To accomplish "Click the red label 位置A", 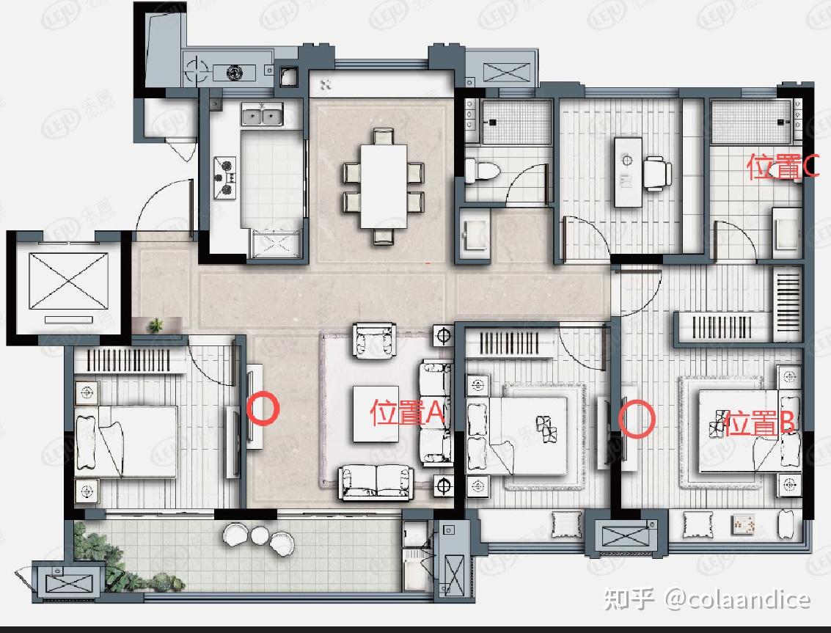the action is (x=406, y=412).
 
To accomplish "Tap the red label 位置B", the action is (x=759, y=423).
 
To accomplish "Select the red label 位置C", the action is (x=783, y=167).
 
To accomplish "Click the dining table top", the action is (x=384, y=186).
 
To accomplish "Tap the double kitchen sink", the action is (x=263, y=115).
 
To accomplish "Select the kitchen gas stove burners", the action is (x=224, y=177).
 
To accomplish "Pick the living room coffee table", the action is (x=376, y=414).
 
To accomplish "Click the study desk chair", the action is (x=656, y=173).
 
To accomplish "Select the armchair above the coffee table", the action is (x=374, y=340).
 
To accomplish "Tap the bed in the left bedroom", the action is (x=125, y=442).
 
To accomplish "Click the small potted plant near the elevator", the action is (x=155, y=324).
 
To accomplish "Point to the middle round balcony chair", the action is (x=260, y=535).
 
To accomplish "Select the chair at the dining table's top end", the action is (x=383, y=136).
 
